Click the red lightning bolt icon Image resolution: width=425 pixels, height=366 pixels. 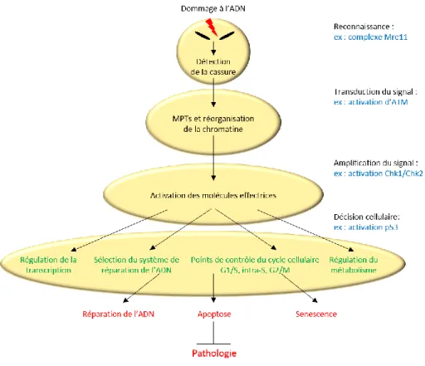(x=212, y=27)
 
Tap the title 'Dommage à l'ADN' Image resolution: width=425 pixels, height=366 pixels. (x=213, y=8)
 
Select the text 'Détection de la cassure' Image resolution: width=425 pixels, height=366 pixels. (x=213, y=66)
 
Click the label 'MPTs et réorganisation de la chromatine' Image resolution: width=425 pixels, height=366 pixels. (x=213, y=124)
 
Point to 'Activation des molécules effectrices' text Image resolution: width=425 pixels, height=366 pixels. (x=213, y=196)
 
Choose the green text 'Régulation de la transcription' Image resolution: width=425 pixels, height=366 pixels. (x=48, y=265)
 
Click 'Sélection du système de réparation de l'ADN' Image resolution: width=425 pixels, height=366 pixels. (x=136, y=265)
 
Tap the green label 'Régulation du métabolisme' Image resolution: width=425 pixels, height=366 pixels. (x=354, y=265)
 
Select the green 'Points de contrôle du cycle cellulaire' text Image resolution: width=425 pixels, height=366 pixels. (x=255, y=260)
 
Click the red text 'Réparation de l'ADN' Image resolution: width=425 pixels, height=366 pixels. (x=119, y=314)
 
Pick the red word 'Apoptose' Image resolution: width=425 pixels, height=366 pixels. (x=214, y=315)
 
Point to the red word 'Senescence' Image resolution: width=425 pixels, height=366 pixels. (x=316, y=314)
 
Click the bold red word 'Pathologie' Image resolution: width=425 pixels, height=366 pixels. (x=214, y=354)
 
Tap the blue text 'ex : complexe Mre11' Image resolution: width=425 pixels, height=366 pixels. (x=370, y=37)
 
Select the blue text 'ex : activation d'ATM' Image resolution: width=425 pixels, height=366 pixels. (x=371, y=102)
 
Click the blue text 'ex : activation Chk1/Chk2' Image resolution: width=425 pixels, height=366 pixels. (x=379, y=173)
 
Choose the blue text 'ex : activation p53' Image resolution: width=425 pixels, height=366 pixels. (x=366, y=227)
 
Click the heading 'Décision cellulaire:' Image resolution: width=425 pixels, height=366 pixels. (x=367, y=217)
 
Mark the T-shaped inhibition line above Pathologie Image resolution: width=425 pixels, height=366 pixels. (x=213, y=333)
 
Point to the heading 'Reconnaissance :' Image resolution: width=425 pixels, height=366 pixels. (x=364, y=27)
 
